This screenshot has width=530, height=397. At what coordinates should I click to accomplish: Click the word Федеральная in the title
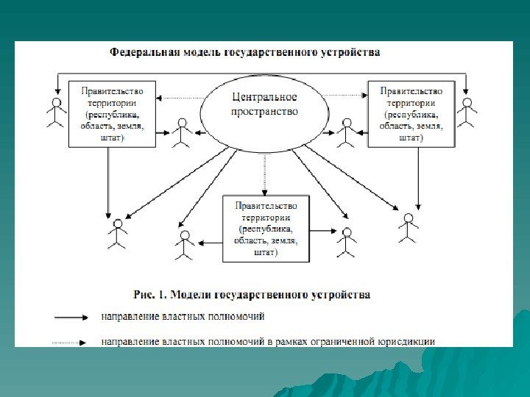pos(140,53)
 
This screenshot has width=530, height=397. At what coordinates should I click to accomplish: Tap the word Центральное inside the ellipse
pos(264,98)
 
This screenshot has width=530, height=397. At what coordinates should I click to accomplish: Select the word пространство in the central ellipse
pos(265,112)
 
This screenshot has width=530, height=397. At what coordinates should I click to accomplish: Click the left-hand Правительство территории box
pos(112,114)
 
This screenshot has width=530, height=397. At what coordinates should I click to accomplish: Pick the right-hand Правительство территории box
pos(411,114)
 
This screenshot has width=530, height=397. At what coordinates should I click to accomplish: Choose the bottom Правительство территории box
pos(265,229)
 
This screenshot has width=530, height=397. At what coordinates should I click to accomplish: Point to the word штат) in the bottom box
pos(265,253)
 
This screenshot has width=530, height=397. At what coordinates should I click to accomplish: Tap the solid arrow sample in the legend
pos(71,318)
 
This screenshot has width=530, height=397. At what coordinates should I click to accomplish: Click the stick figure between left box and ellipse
pos(181,133)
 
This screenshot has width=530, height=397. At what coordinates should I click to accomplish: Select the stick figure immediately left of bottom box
pos(185,245)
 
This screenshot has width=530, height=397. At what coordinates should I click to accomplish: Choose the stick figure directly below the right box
pos(409,227)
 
